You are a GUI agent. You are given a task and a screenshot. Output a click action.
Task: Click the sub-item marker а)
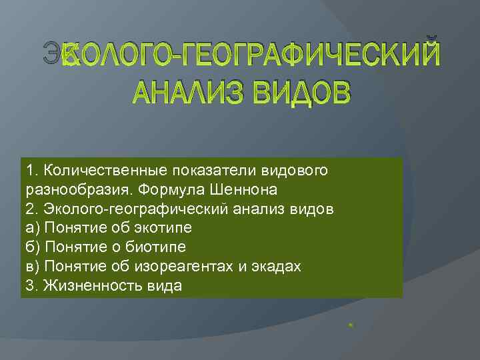pyautogui.click(x=31, y=228)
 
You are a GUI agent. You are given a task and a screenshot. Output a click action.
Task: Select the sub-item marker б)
pyautogui.click(x=31, y=247)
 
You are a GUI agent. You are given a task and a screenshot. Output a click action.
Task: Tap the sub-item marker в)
pyautogui.click(x=31, y=267)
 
